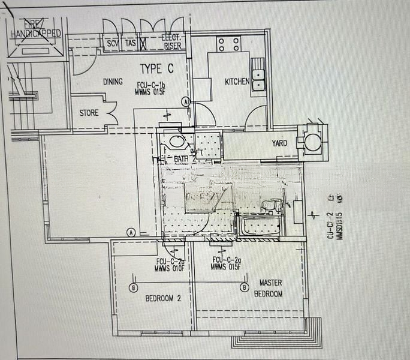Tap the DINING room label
coord(113,82)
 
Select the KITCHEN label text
coord(237,82)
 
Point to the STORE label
coord(89,113)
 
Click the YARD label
coord(279,143)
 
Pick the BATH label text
coord(181,158)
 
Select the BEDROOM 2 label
coord(159,298)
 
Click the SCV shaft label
coord(113,44)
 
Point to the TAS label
coord(130,44)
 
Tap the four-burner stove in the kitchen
coord(228,44)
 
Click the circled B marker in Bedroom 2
coord(132,287)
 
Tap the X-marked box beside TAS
coord(143,44)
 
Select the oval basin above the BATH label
coord(176,142)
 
